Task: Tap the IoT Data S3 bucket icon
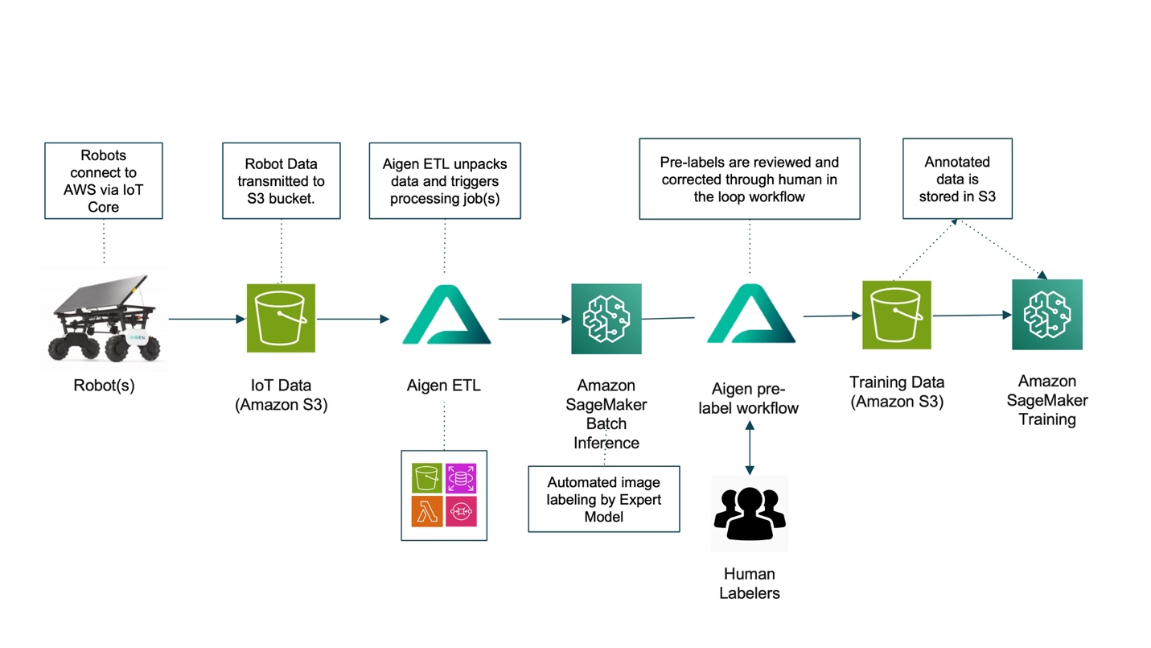click(282, 319)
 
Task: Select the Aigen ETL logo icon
click(445, 319)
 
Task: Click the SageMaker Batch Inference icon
click(606, 319)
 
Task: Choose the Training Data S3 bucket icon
click(896, 315)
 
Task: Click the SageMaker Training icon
click(1046, 314)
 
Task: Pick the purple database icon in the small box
click(461, 479)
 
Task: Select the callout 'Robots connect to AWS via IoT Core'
click(104, 181)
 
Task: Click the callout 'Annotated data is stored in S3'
click(957, 179)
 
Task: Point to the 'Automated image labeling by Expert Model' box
click(603, 499)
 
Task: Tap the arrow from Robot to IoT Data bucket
click(206, 320)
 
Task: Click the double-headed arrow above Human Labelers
click(750, 448)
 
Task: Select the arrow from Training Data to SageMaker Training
click(971, 315)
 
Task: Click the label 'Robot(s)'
click(104, 386)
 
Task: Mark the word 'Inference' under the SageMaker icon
click(606, 443)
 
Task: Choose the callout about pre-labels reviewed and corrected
click(749, 179)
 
